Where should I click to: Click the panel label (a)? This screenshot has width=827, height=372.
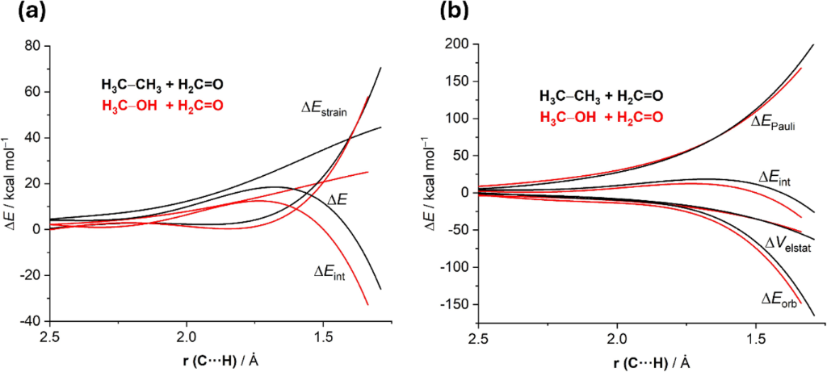click(x=18, y=14)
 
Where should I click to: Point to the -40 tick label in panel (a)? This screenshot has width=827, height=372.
click(x=28, y=321)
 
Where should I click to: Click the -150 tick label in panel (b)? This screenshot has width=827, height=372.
click(x=455, y=305)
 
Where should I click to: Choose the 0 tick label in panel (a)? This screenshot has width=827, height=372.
click(x=37, y=229)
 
